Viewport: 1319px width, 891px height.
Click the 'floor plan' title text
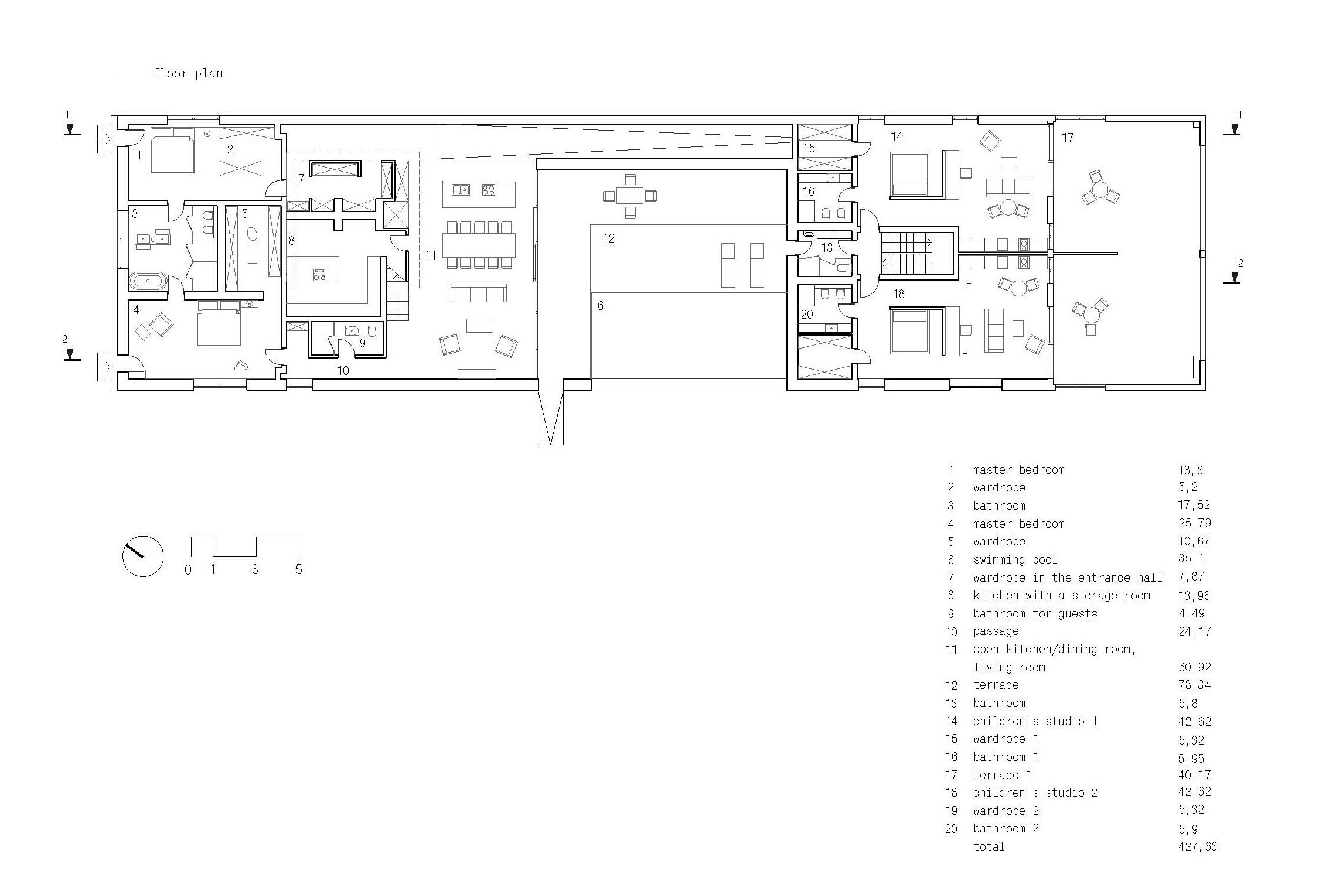(188, 74)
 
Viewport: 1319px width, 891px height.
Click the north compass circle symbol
(143, 556)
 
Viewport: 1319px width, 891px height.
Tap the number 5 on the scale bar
(299, 569)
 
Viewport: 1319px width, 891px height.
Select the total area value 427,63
(1198, 846)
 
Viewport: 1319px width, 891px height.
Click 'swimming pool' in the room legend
(1015, 559)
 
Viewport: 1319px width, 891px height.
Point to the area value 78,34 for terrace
(1195, 685)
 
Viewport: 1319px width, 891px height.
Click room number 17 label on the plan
(1068, 138)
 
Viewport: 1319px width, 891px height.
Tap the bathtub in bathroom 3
(148, 281)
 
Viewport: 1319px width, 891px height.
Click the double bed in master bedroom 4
(218, 323)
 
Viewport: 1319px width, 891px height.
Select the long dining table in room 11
(479, 245)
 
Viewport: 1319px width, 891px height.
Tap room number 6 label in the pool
(600, 306)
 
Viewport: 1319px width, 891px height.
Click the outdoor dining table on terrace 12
(630, 195)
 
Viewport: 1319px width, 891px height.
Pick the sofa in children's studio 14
(1008, 187)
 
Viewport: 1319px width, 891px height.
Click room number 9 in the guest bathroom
(362, 343)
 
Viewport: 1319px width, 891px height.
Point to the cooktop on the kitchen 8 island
(320, 275)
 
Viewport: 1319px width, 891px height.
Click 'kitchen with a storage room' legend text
(1062, 595)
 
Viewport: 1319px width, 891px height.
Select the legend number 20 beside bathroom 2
(951, 829)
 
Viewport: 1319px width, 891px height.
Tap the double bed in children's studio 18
(909, 332)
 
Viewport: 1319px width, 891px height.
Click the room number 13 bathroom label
(827, 248)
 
